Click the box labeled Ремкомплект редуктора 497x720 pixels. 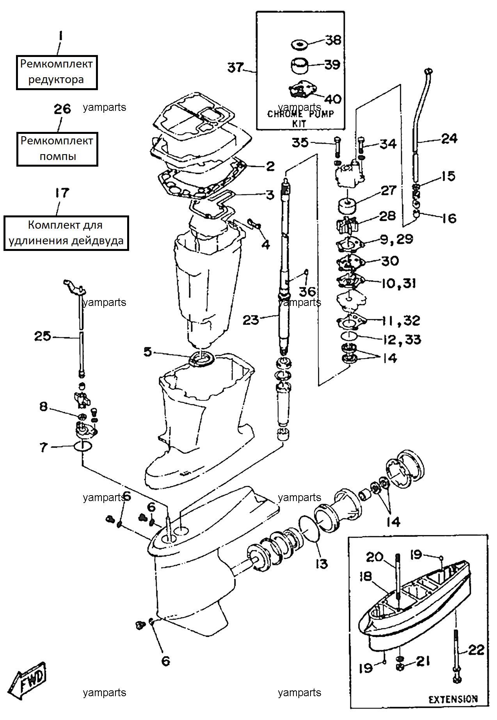pyautogui.click(x=57, y=73)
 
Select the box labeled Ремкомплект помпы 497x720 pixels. pyautogui.click(x=57, y=149)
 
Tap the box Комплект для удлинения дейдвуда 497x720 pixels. pyautogui.click(x=66, y=233)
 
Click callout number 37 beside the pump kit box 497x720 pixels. pyautogui.click(x=236, y=68)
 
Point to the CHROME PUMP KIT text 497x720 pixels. pyautogui.click(x=300, y=119)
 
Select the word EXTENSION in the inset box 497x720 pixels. pyautogui.click(x=453, y=699)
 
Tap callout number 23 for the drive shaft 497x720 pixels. pyautogui.click(x=250, y=320)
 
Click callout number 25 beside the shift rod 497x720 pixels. pyautogui.click(x=43, y=336)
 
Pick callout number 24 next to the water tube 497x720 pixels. pyautogui.click(x=449, y=139)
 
